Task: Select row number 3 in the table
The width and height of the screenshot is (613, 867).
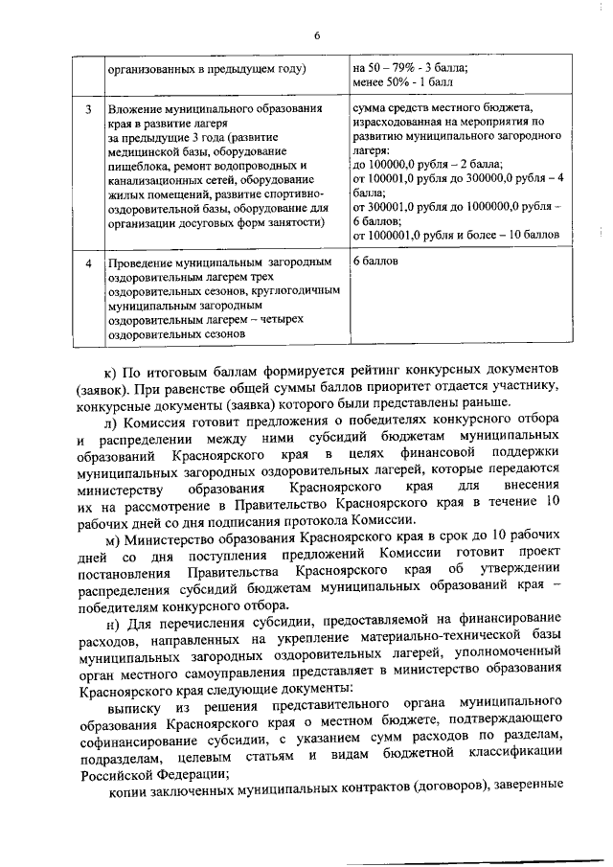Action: tap(87, 109)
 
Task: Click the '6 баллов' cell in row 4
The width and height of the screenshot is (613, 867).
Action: tap(375, 261)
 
